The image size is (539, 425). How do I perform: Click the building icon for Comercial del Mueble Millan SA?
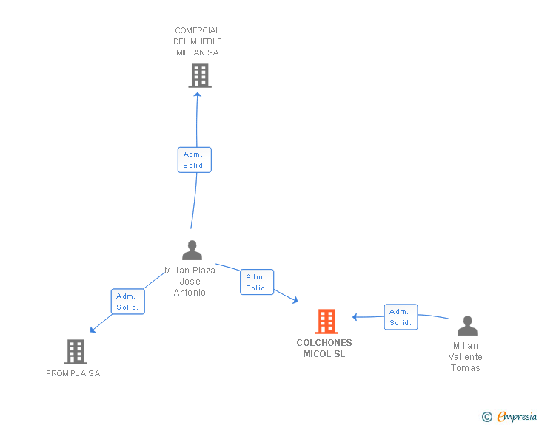pos(199,75)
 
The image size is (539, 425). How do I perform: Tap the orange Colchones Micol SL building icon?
pos(327,322)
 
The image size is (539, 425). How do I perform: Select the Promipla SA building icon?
pos(76,352)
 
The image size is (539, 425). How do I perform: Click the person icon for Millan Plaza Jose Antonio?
pos(192,251)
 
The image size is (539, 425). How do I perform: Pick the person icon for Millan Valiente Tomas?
pos(467,326)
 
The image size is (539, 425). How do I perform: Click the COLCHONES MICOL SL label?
pos(324,348)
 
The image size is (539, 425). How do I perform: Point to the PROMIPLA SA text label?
pos(73,373)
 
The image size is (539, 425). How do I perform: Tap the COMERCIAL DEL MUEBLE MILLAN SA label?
pos(198,41)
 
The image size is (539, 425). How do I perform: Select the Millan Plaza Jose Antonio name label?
pos(190,282)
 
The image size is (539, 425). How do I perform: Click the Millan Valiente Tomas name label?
pos(466,357)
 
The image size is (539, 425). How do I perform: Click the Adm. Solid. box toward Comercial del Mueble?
pos(195,160)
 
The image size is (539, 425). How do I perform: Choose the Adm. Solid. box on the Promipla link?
pos(127,302)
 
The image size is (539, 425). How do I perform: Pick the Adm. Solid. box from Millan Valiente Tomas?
pos(401,317)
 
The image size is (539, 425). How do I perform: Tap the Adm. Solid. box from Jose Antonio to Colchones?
pos(257,282)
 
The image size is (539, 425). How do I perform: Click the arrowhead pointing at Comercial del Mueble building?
pos(198,94)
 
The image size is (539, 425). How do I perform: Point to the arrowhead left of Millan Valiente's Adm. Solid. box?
pos(355,317)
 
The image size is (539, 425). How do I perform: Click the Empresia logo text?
pos(517,417)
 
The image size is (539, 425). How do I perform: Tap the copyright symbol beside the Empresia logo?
pos(487,418)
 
